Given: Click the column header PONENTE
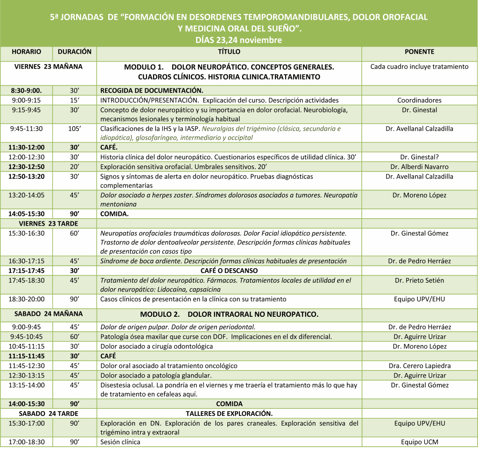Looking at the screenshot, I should pyautogui.click(x=419, y=52).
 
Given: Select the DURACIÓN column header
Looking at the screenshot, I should pyautogui.click(x=74, y=52).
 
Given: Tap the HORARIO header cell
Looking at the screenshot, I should pyautogui.click(x=26, y=52).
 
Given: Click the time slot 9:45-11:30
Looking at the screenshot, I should pyautogui.click(x=26, y=128).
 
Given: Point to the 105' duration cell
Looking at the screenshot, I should pyautogui.click(x=74, y=128).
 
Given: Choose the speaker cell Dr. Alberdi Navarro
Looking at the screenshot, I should pyautogui.click(x=419, y=167).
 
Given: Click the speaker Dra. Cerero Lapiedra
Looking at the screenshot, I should pyautogui.click(x=419, y=366).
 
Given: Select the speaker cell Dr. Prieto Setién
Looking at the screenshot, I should pyautogui.click(x=419, y=280).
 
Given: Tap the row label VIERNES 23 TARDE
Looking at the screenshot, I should pyautogui.click(x=49, y=223).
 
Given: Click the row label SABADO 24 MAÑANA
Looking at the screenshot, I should pyautogui.click(x=49, y=314).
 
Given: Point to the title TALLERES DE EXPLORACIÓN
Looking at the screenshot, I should pyautogui.click(x=229, y=413).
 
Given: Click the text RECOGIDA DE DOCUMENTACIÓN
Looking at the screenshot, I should pyautogui.click(x=152, y=91).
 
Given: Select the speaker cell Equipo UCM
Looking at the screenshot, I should pyautogui.click(x=419, y=442).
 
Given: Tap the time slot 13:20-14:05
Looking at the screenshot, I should pyautogui.click(x=26, y=195).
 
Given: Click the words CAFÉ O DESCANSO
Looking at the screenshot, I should pyautogui.click(x=229, y=271).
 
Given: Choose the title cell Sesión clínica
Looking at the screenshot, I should pyautogui.click(x=120, y=442).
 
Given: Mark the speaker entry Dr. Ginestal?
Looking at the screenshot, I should pyautogui.click(x=419, y=157).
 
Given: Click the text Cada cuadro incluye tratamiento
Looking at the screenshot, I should pyautogui.click(x=419, y=67).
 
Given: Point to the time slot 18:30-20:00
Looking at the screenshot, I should pyautogui.click(x=26, y=299).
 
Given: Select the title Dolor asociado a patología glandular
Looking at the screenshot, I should pyautogui.click(x=156, y=375).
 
